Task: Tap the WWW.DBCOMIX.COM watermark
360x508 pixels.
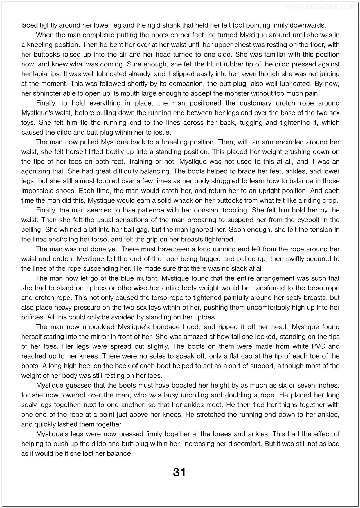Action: tap(321, 6)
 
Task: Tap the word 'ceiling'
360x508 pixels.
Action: tap(32, 230)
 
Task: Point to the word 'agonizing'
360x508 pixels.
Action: tap(35, 171)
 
